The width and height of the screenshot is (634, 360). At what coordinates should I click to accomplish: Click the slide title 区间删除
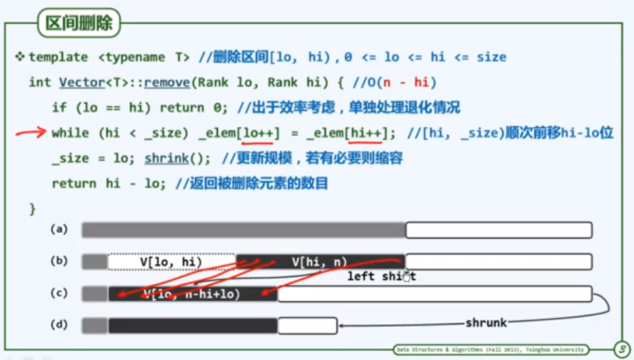(79, 24)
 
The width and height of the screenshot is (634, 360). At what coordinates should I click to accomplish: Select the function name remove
(164, 82)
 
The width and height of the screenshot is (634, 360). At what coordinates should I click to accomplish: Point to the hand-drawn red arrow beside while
(30, 133)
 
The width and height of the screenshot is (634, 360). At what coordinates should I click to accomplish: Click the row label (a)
(59, 230)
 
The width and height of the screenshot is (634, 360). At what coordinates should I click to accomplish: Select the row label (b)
(59, 262)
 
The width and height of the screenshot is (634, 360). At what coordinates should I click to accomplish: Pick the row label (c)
(59, 293)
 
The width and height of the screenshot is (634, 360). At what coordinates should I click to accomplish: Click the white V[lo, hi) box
(171, 262)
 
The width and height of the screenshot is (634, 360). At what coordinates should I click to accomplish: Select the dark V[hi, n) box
(320, 262)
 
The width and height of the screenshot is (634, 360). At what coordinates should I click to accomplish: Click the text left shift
(381, 277)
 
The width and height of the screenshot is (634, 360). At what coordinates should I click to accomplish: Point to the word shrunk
(486, 323)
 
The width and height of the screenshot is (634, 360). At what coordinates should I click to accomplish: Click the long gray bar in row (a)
(243, 230)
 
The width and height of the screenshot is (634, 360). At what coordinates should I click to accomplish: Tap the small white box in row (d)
(307, 325)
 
